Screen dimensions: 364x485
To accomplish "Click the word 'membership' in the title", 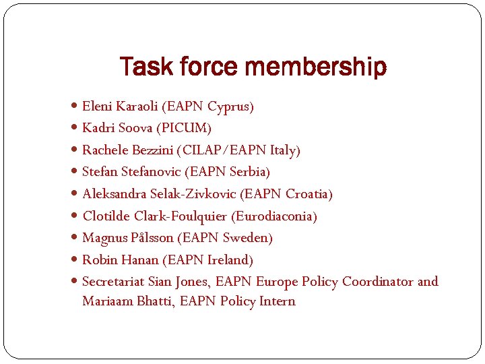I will pyautogui.click(x=316, y=67).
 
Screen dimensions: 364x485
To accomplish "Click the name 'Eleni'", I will pyautogui.click(x=97, y=106).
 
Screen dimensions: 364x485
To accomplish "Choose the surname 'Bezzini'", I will pyautogui.click(x=145, y=150).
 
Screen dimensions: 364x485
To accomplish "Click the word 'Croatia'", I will pyautogui.click(x=307, y=194).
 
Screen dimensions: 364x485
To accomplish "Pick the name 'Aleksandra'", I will pyautogui.click(x=114, y=194).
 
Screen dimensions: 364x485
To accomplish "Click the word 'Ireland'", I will pyautogui.click(x=228, y=260).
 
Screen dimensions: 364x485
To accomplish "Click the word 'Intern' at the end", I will pyautogui.click(x=278, y=301).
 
